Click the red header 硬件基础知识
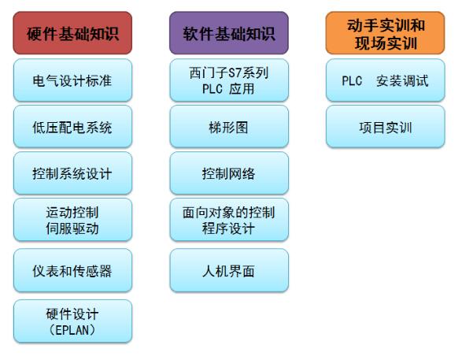pyautogui.click(x=72, y=33)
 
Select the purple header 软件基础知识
pyautogui.click(x=229, y=33)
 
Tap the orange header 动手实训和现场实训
pyautogui.click(x=385, y=33)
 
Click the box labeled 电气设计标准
pyautogui.click(x=72, y=80)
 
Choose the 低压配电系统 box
pyautogui.click(x=72, y=127)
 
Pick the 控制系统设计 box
pyautogui.click(x=72, y=173)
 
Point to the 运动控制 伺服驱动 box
pyautogui.click(x=72, y=220)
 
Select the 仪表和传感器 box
pyautogui.click(x=72, y=270)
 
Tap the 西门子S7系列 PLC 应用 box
pyautogui.click(x=229, y=80)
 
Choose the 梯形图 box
pyautogui.click(x=229, y=127)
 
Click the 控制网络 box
pyautogui.click(x=229, y=173)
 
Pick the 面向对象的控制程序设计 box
pyautogui.click(x=229, y=220)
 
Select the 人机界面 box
pyautogui.click(x=229, y=270)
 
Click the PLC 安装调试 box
pyautogui.click(x=385, y=80)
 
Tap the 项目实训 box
pyautogui.click(x=385, y=127)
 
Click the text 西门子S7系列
pyautogui.click(x=229, y=72)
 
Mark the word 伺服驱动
pyautogui.click(x=72, y=228)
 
